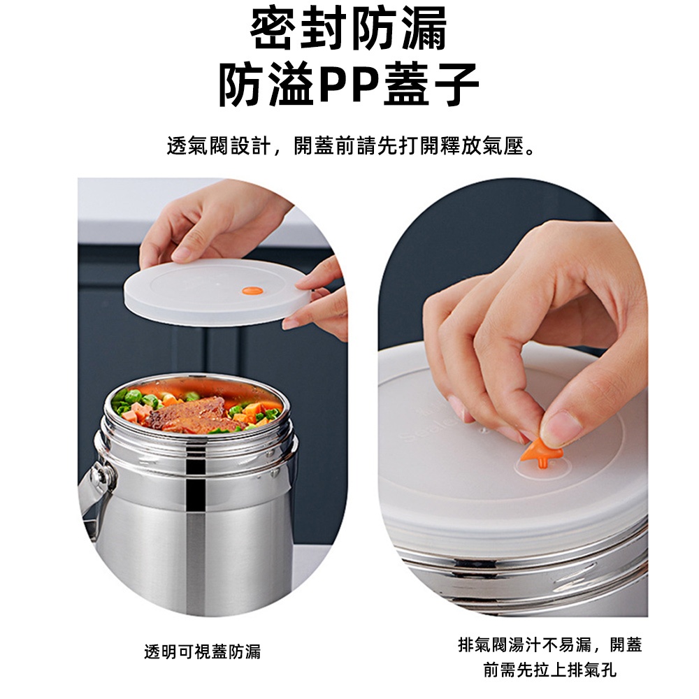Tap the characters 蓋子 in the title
point(431,84)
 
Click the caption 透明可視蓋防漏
point(203,651)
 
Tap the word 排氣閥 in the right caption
point(483,644)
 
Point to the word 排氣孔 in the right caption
point(591,670)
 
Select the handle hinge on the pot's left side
point(99,475)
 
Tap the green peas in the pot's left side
point(129,399)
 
